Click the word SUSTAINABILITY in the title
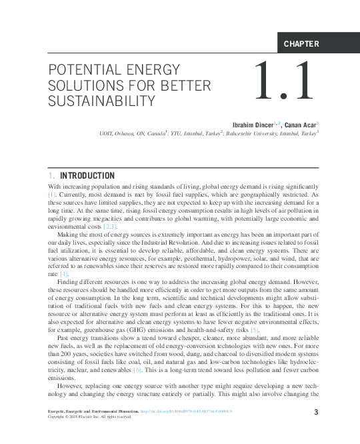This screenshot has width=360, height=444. pos(101,101)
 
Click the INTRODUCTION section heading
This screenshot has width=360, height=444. pos(87,176)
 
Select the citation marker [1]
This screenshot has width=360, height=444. pos(54,195)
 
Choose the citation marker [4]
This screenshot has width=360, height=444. pos(64,274)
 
